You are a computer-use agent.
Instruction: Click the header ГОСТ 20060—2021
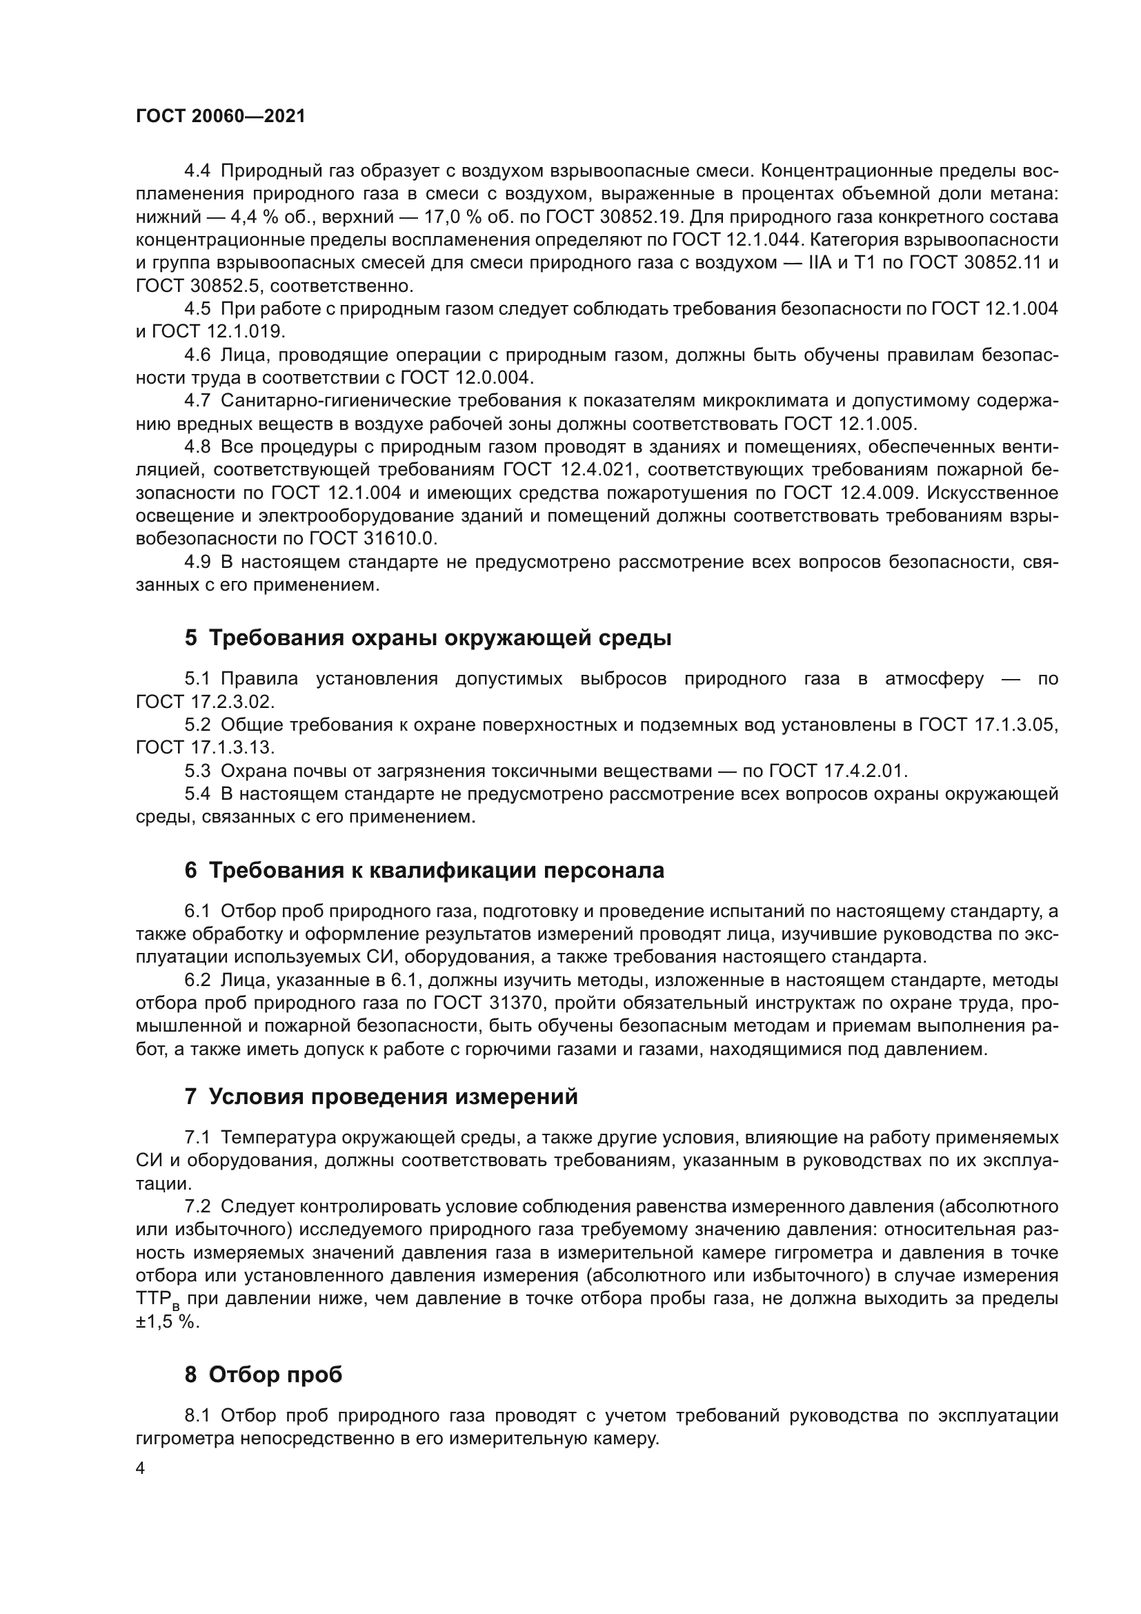(x=221, y=117)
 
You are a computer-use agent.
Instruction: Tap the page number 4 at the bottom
(x=141, y=1469)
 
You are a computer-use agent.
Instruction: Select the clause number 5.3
(x=197, y=771)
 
